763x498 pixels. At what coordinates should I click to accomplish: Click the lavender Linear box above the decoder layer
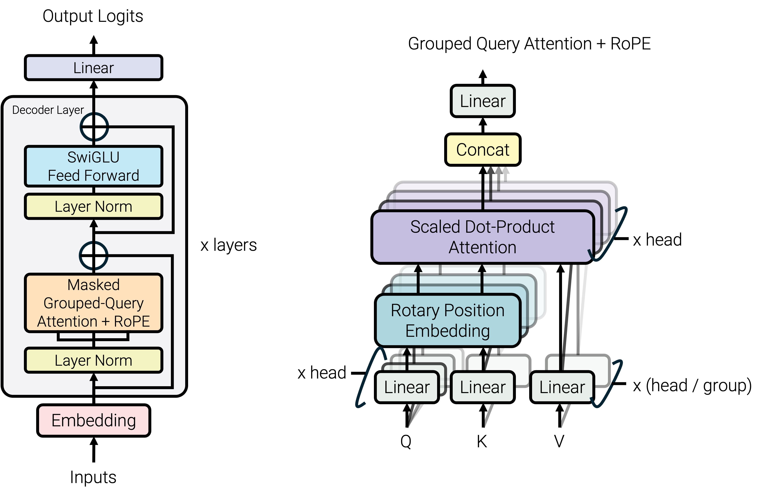tap(93, 68)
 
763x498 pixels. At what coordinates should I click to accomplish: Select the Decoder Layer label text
tap(48, 110)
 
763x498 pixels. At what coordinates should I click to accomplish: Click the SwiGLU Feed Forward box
tap(93, 166)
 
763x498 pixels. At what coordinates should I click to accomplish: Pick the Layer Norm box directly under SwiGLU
tap(93, 206)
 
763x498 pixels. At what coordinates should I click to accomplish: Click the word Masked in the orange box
tap(93, 285)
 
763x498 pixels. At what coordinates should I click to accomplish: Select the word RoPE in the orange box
tap(132, 321)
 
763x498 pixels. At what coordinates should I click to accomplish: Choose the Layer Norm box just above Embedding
tap(93, 360)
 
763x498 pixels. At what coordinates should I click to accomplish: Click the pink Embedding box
tap(93, 421)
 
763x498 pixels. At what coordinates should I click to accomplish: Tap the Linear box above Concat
tap(482, 101)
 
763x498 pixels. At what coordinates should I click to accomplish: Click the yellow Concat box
tap(482, 150)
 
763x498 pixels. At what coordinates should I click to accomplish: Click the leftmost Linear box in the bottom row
tap(407, 387)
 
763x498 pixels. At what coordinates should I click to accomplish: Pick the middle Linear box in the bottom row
tap(482, 387)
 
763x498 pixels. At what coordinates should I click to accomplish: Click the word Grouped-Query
tap(93, 303)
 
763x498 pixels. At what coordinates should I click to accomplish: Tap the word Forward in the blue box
tap(113, 176)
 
